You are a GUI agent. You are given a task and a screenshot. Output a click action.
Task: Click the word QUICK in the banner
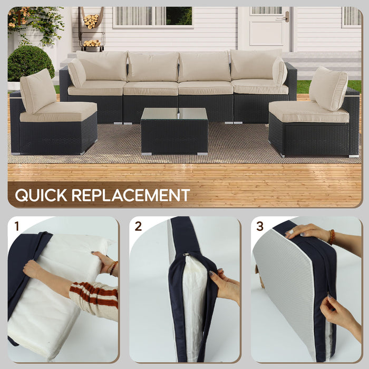tap(41, 195)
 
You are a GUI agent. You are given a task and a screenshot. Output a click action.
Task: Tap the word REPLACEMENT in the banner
tap(130, 195)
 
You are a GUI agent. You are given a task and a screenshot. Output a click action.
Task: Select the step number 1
tap(17, 227)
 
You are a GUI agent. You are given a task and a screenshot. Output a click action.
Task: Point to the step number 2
tap(138, 227)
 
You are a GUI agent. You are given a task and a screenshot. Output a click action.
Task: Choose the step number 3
tap(260, 227)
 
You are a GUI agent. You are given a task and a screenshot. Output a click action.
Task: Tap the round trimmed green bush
tap(31, 63)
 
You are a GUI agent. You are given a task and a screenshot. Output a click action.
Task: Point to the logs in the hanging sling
tap(91, 21)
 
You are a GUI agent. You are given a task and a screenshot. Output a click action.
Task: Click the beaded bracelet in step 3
tap(331, 237)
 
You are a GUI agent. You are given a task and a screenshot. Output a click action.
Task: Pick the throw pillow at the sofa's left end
tap(77, 72)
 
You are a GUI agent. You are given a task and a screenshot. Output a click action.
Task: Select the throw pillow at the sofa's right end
tap(279, 72)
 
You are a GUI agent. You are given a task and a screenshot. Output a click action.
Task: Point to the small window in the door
tap(266, 10)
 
